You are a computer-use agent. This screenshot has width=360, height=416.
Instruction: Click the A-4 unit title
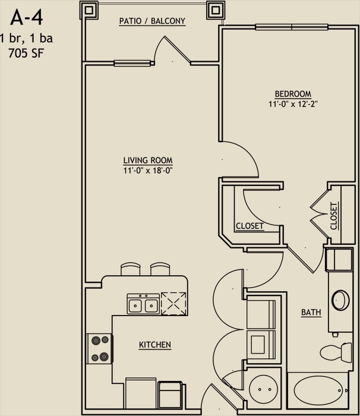[27, 18]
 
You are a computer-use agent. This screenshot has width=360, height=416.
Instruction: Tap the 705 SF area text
[26, 53]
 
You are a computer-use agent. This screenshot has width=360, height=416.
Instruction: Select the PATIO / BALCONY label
[152, 21]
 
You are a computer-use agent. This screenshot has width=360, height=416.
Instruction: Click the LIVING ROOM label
[148, 160]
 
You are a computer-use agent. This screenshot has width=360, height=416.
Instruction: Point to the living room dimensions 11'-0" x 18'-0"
[148, 171]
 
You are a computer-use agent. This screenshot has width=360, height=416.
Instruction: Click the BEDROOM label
[293, 94]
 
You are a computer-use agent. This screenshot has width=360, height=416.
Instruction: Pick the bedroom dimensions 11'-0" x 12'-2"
[293, 104]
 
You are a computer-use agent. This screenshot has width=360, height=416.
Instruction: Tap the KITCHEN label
[155, 345]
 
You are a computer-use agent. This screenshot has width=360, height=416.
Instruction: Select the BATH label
[311, 312]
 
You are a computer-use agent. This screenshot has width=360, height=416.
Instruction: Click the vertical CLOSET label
[334, 216]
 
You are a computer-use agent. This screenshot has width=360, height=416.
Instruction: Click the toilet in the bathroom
[336, 352]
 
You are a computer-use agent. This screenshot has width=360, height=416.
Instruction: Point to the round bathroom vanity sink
[340, 300]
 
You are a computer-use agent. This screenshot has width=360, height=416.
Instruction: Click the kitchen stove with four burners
[100, 348]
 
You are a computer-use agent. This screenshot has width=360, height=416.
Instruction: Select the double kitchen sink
[143, 304]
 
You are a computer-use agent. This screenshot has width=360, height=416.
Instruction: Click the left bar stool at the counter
[130, 269]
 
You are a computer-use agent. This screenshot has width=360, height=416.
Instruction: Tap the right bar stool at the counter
[160, 269]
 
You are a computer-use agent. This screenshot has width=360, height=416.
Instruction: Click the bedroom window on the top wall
[292, 27]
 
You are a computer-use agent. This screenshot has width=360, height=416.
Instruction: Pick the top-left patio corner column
[89, 10]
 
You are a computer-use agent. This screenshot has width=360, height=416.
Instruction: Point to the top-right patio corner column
[216, 10]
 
